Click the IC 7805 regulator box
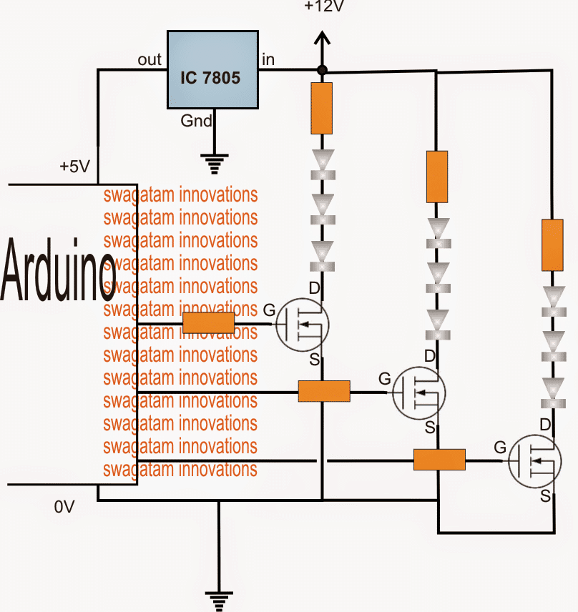212,70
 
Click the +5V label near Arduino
74,167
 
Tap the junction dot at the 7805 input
322,69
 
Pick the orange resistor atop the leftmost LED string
322,108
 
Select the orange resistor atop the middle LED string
437,176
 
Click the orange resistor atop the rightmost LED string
552,245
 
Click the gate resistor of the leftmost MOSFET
208,323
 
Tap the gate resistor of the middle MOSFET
323,391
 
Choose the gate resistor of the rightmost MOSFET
439,460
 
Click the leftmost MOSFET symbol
302,324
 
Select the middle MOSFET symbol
418,393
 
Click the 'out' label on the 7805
150,60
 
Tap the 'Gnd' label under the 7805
196,121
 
